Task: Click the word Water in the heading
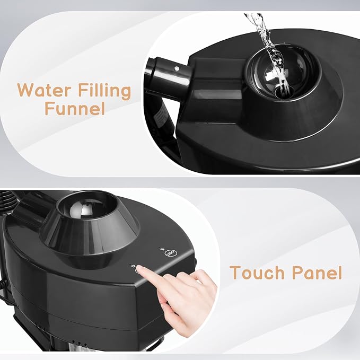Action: click(43, 90)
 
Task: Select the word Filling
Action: click(104, 91)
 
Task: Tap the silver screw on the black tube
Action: click(177, 68)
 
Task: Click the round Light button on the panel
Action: click(168, 253)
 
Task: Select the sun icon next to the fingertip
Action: click(133, 266)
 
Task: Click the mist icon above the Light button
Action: click(161, 249)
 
